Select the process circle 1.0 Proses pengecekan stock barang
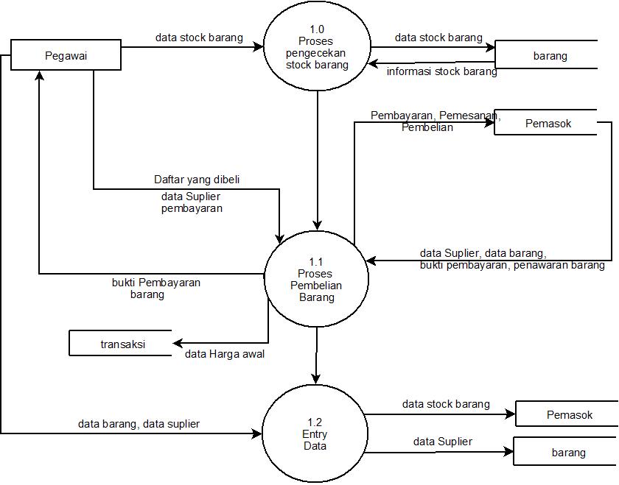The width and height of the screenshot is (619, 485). [x=317, y=47]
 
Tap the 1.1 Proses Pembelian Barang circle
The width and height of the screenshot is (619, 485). [x=316, y=279]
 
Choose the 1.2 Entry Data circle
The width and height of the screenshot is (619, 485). [x=315, y=433]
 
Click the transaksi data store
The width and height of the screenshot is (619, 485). [x=122, y=344]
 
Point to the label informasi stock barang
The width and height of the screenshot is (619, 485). [x=441, y=72]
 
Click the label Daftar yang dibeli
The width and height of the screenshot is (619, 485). [x=197, y=179]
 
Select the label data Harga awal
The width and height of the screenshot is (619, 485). [x=224, y=354]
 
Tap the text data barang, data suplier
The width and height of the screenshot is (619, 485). [x=139, y=424]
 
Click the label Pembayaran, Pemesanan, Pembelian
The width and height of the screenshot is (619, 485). [x=435, y=121]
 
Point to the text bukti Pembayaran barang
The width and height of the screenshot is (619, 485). [x=155, y=288]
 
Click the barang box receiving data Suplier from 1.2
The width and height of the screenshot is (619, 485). [x=567, y=453]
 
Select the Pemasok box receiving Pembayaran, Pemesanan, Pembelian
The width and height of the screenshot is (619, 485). [x=548, y=123]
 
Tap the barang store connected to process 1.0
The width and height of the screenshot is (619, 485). [x=549, y=55]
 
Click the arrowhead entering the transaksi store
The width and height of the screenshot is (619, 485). [x=177, y=343]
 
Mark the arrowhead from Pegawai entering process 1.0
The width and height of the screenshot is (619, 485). [x=259, y=47]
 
